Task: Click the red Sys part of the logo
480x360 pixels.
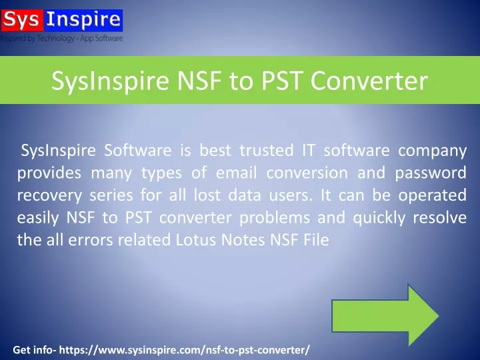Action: [x=23, y=20]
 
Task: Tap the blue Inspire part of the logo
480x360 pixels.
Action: [x=83, y=20]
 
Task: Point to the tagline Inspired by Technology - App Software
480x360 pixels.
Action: [x=61, y=38]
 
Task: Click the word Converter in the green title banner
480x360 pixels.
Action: [x=369, y=81]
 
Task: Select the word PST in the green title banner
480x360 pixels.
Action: [x=281, y=81]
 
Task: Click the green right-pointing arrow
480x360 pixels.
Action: [x=385, y=315]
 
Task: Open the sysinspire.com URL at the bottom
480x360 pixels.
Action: [x=184, y=349]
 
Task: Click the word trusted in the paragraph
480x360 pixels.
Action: [x=266, y=150]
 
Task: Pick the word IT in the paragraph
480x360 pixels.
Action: [x=309, y=150]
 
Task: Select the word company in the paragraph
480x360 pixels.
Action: [x=432, y=151]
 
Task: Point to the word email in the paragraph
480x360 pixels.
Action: [x=236, y=173]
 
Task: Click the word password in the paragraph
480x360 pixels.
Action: [x=431, y=173]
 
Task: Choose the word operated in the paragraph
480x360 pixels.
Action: [x=432, y=195]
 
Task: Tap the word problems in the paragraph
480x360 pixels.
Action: [x=275, y=218]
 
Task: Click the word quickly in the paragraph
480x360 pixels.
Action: [x=379, y=218]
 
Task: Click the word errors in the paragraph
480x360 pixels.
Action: [x=91, y=240]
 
